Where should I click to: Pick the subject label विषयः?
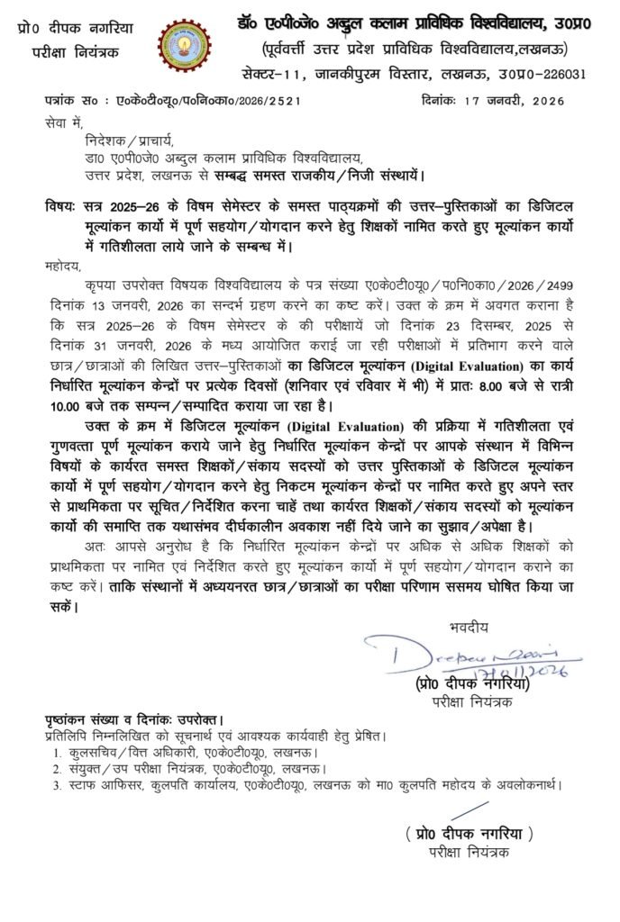click(x=61, y=204)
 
